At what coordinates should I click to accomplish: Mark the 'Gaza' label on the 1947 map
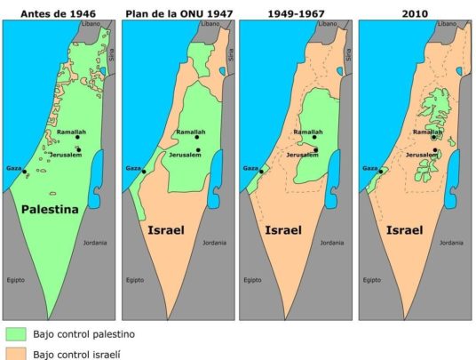(132, 167)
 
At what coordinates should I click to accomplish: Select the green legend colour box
(15, 334)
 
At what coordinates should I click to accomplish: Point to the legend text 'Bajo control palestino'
(83, 334)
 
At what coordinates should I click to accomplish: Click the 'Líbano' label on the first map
(91, 24)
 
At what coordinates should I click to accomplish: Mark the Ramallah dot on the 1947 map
(196, 138)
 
